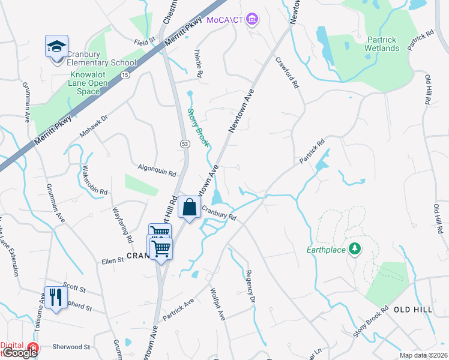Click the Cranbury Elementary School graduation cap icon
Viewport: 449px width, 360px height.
[x=56, y=46]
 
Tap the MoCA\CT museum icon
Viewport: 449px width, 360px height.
[x=253, y=20]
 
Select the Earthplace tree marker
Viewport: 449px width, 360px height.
[x=355, y=249]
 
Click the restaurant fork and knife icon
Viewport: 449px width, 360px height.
[x=56, y=296]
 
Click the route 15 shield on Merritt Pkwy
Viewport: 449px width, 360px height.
[x=124, y=74]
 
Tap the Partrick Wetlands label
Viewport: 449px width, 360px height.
[x=382, y=44]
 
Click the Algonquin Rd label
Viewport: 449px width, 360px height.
[x=156, y=171]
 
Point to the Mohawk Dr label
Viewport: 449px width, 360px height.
[x=95, y=124]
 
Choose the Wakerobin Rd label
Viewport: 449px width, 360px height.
[x=94, y=180]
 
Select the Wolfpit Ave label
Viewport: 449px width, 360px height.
[x=217, y=304]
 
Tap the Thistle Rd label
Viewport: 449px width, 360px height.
[x=198, y=64]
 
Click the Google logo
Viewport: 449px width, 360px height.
[x=20, y=353]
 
